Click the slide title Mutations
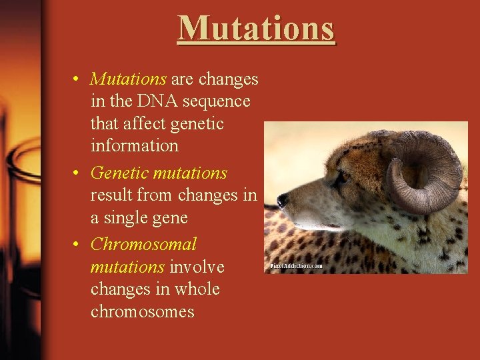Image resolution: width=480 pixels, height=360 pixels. (257, 29)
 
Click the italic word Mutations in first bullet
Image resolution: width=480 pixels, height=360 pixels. (128, 79)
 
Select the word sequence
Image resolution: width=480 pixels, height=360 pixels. (217, 101)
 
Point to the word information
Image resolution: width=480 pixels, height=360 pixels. (134, 145)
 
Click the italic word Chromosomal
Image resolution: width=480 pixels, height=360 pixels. (143, 244)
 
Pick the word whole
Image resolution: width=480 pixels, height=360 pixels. (197, 289)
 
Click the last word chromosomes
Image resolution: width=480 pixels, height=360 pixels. (142, 311)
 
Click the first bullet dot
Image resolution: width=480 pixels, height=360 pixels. (78, 79)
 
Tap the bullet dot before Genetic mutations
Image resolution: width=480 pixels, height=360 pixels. (78, 173)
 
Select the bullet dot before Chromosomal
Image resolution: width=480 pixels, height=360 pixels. (78, 245)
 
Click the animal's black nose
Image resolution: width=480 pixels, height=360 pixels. (283, 199)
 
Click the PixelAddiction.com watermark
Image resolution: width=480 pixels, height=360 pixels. (297, 266)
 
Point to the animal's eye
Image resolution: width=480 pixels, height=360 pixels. (340, 177)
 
